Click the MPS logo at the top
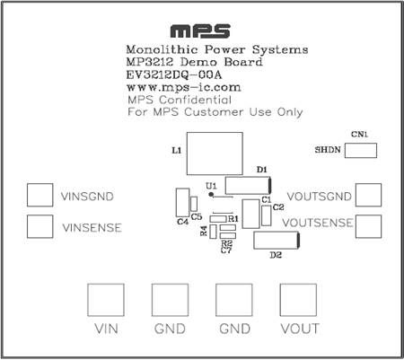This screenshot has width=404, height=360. click(x=200, y=31)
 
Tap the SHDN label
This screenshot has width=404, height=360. click(x=328, y=150)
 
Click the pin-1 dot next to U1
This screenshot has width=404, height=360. click(x=211, y=195)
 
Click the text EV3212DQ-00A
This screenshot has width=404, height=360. click(x=174, y=75)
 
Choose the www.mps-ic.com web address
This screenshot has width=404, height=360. click(x=184, y=87)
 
